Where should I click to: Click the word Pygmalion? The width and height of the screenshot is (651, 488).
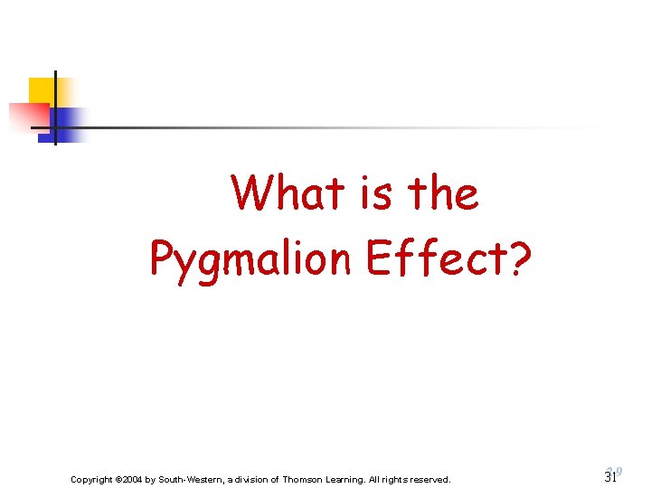coord(250,259)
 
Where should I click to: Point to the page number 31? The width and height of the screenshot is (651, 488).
coord(610,477)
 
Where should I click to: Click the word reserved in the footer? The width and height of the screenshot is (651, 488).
coord(429,479)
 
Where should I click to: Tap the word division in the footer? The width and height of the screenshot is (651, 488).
coord(253,479)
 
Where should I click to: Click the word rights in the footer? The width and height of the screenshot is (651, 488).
coord(397,479)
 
